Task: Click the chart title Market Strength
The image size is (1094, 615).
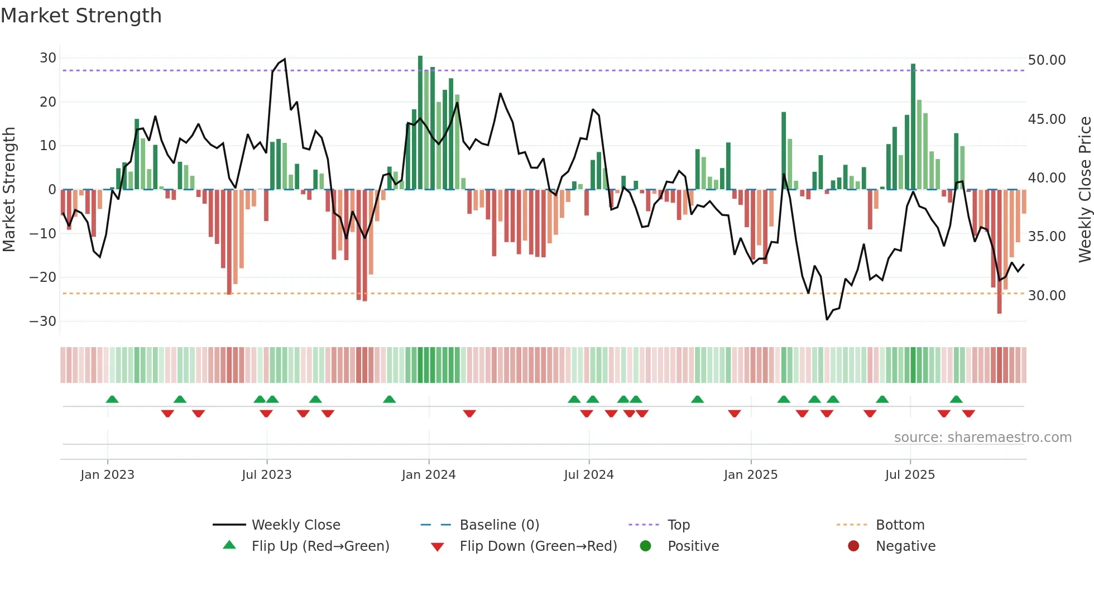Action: [x=81, y=16]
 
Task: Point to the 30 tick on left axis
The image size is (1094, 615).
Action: [x=47, y=58]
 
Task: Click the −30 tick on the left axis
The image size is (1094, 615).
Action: [x=43, y=321]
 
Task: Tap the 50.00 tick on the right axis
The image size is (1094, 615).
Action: [x=1047, y=60]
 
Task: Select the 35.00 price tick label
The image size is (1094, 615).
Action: [x=1047, y=237]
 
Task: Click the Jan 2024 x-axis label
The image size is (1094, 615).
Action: [x=428, y=475]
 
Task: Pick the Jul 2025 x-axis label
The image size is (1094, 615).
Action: [x=909, y=475]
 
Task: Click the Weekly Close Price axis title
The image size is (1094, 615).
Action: [x=1085, y=190]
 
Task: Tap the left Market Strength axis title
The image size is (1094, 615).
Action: [x=9, y=190]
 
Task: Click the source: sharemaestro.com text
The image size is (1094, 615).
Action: [x=982, y=438]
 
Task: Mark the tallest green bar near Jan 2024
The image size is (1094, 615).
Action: [x=420, y=123]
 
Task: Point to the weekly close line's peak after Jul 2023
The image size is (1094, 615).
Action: [x=285, y=59]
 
